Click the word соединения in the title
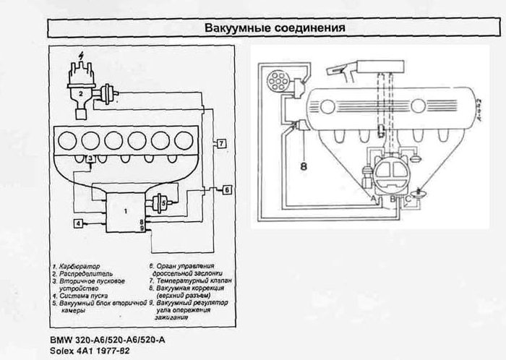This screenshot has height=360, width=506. tap(312, 27)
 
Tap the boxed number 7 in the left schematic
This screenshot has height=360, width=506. tap(221, 142)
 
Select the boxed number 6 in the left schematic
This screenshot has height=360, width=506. tap(226, 190)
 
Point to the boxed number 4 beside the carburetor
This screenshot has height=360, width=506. tap(78, 224)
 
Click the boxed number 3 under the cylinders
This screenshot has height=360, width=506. tap(89, 158)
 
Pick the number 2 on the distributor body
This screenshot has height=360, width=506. tap(82, 94)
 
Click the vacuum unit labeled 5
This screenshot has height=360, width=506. tap(165, 204)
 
